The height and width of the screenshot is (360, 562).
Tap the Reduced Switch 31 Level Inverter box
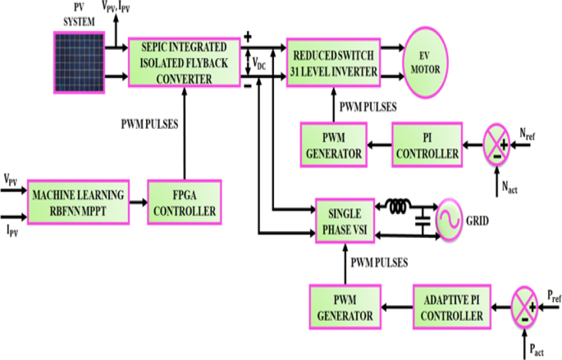(x=334, y=62)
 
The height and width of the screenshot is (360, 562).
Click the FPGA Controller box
(x=184, y=203)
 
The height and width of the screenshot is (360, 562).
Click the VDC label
(x=258, y=63)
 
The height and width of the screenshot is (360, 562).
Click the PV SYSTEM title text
(x=80, y=12)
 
